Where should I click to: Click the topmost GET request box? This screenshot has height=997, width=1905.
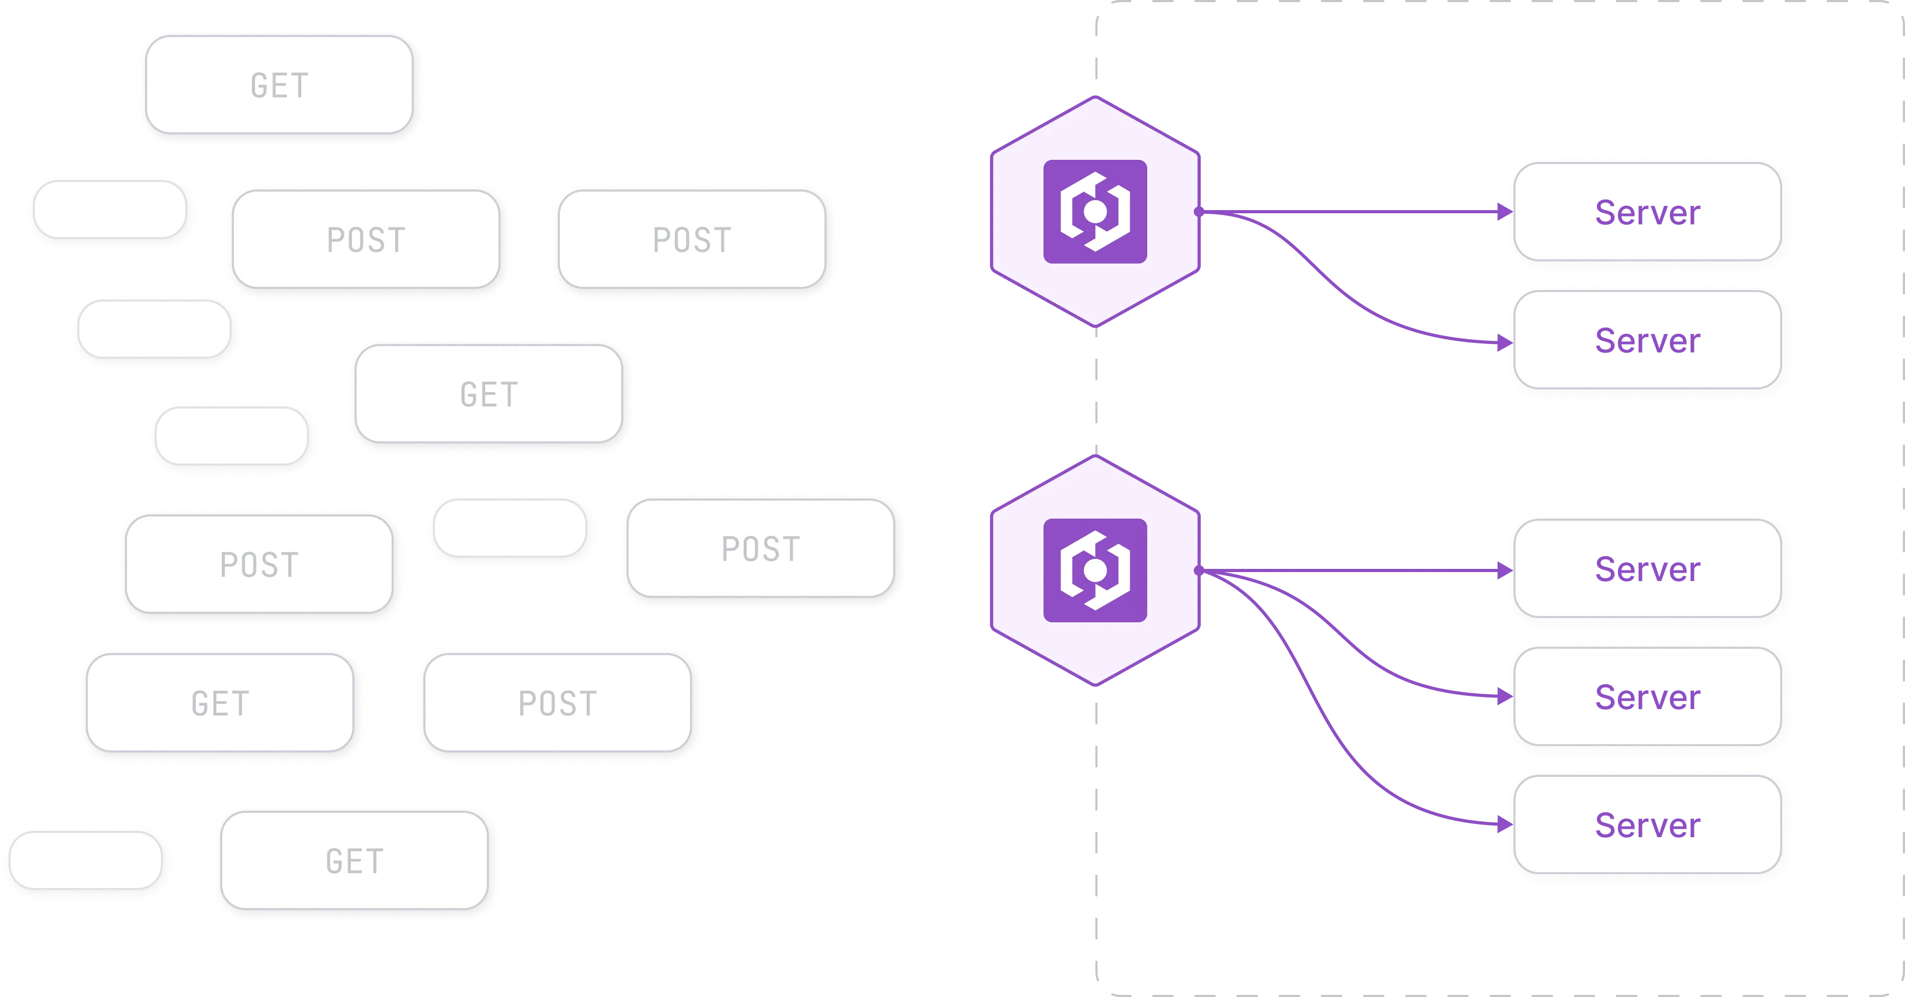279,85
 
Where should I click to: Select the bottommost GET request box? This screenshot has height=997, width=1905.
355,861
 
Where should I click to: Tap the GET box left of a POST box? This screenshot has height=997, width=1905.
220,703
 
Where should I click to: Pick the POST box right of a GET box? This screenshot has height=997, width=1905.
558,703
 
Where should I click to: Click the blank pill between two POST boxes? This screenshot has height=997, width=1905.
510,528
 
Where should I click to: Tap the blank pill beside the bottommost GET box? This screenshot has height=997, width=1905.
86,859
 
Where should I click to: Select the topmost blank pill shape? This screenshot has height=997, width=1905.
110,210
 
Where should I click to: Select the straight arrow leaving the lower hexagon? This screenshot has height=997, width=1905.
1353,571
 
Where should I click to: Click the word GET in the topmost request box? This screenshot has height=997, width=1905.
279,86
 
